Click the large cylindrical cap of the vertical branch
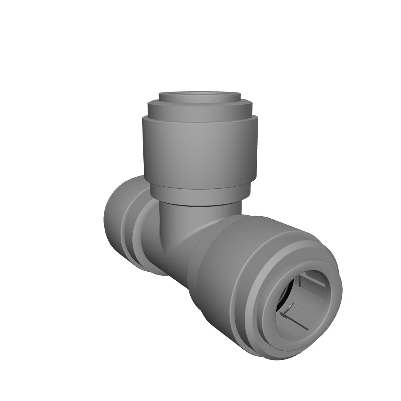[x=200, y=153]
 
